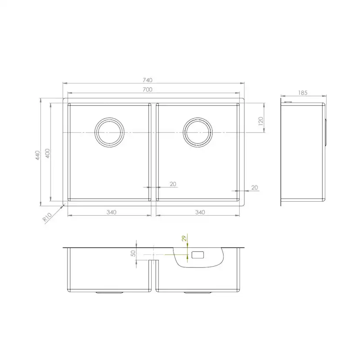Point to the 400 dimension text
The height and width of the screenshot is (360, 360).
click(x=48, y=153)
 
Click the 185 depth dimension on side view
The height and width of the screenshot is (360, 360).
click(x=303, y=93)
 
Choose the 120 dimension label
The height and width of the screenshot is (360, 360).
click(x=260, y=120)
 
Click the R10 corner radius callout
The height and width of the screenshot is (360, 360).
click(x=48, y=217)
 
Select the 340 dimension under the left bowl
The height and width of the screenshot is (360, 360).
click(x=111, y=212)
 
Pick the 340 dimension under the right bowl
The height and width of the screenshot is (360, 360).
click(x=200, y=212)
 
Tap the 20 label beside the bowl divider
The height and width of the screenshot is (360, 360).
click(x=173, y=184)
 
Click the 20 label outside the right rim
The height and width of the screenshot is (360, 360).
click(x=255, y=187)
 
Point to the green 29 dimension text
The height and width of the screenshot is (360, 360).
click(x=184, y=238)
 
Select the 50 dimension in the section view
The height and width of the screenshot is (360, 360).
click(x=133, y=253)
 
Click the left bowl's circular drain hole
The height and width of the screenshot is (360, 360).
click(x=110, y=132)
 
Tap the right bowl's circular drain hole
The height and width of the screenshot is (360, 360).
click(x=198, y=132)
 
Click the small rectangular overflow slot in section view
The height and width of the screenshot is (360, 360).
click(x=198, y=254)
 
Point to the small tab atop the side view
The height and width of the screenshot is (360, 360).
click(x=287, y=102)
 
